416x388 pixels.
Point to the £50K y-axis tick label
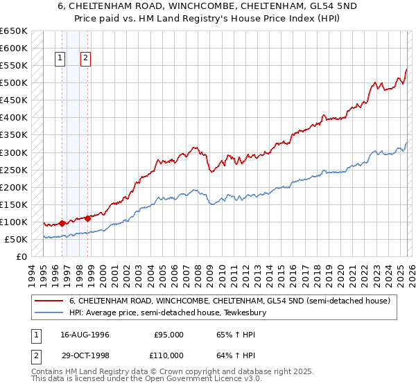tap(16, 239)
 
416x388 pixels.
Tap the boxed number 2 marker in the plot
tap(85, 59)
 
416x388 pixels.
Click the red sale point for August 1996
tap(62, 223)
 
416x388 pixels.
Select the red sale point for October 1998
tap(88, 218)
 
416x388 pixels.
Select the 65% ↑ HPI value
tap(232, 334)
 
